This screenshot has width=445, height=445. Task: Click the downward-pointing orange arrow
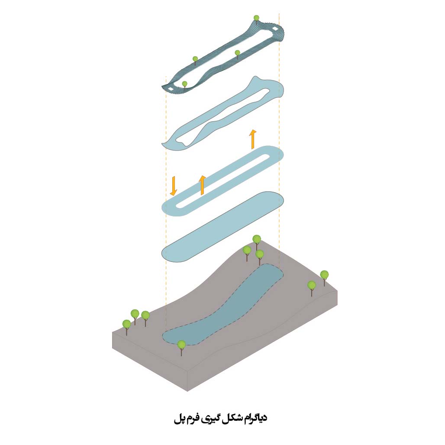click(x=174, y=186)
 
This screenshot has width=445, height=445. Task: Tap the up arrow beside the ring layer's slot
click(x=202, y=185)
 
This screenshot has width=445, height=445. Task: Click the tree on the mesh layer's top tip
click(x=256, y=19)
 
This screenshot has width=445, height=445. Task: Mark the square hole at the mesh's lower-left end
click(x=172, y=88)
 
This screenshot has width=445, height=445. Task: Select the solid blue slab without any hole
click(x=223, y=226)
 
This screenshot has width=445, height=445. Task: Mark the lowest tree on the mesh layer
click(x=185, y=84)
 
